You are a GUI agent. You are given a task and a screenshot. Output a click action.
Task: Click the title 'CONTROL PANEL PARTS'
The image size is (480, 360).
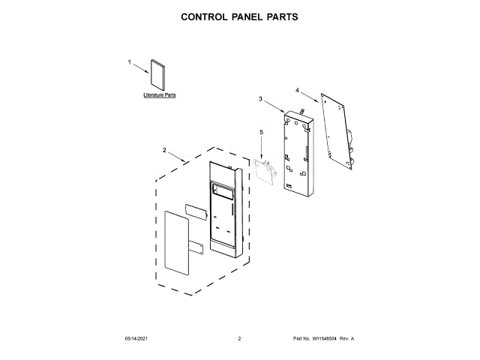tap(240, 16)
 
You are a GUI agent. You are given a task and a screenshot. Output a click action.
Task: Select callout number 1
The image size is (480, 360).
tap(129, 63)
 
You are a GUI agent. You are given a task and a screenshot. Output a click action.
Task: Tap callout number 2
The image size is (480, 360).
tap(164, 150)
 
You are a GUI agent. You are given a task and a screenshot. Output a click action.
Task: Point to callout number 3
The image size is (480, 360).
tap(260, 99)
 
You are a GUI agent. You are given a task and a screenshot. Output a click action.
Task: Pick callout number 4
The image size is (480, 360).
tap(297, 91)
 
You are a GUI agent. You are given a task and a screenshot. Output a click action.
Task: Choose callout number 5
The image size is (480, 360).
tap(262, 132)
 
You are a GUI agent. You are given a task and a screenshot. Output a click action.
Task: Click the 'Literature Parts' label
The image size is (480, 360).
tap(160, 96)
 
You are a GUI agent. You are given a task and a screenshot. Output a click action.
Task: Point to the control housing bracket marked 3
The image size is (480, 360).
tap(298, 154)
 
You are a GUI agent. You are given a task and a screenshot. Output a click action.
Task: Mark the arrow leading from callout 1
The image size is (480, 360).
tap(141, 69)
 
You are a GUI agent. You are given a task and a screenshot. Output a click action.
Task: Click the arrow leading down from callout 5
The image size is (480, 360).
tap(262, 148)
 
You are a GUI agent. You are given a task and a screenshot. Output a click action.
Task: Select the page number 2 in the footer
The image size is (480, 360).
tap(239, 340)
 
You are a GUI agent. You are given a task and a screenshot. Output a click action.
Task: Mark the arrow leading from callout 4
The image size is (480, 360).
tap(310, 96)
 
